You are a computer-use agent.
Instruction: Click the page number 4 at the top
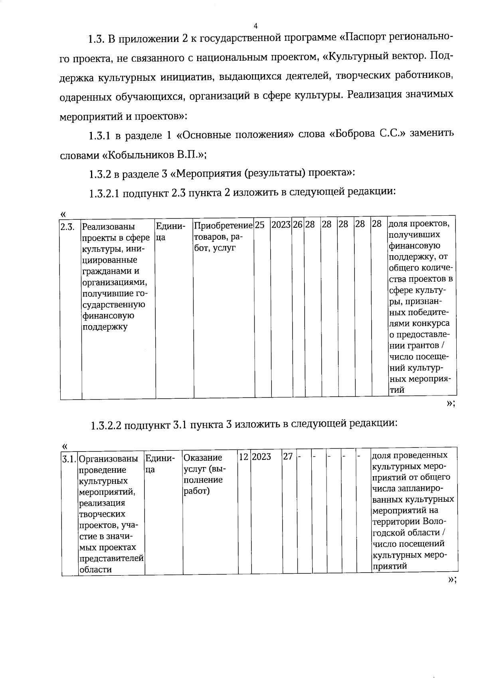(256, 26)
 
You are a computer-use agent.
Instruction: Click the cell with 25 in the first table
(260, 225)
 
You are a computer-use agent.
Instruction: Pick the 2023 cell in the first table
(281, 225)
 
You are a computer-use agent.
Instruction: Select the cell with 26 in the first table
(297, 225)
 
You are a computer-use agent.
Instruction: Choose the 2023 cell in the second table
(261, 457)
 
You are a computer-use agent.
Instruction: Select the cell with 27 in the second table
(288, 457)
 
